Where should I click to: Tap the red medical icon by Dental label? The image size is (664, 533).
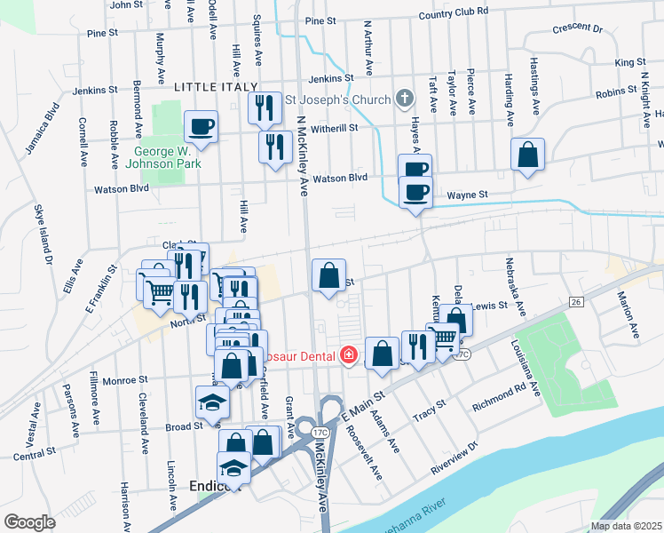350,356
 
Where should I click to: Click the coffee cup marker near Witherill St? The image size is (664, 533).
202,125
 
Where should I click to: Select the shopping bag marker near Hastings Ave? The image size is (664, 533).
527,154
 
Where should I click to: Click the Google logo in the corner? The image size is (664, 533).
29,521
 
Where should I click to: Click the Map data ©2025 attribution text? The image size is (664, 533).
626,526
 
